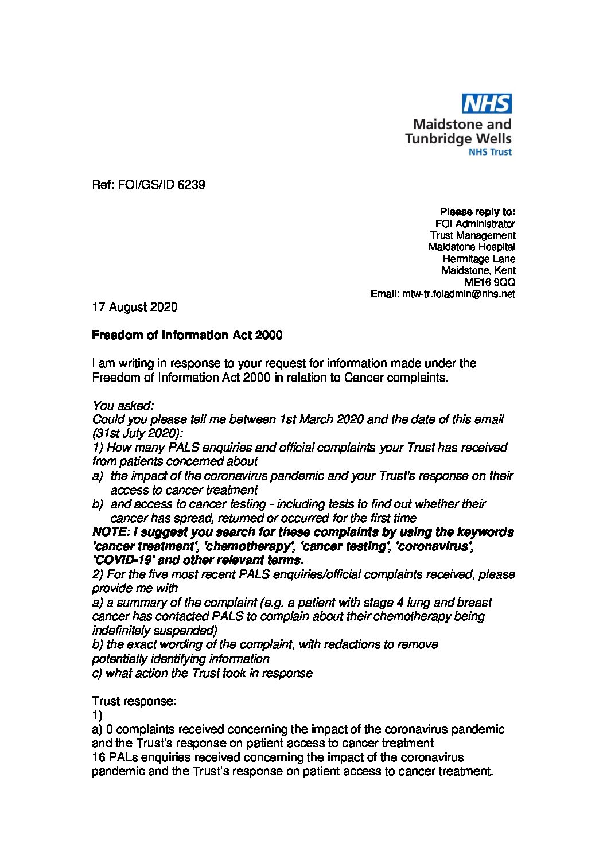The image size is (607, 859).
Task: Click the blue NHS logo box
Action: tap(487, 104)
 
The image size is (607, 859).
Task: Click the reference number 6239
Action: tap(191, 185)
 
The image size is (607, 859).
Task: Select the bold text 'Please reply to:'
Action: tap(477, 212)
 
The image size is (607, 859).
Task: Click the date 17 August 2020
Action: tap(135, 307)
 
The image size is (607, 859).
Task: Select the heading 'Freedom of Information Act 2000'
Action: tap(187, 335)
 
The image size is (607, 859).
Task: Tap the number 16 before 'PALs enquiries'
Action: tap(99, 757)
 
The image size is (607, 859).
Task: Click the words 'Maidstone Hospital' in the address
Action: tap(472, 247)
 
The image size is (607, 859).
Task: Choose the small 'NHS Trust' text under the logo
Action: tap(491, 152)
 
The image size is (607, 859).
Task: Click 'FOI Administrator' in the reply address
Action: tap(476, 224)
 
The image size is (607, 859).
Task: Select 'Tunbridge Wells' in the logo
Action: tap(458, 138)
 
